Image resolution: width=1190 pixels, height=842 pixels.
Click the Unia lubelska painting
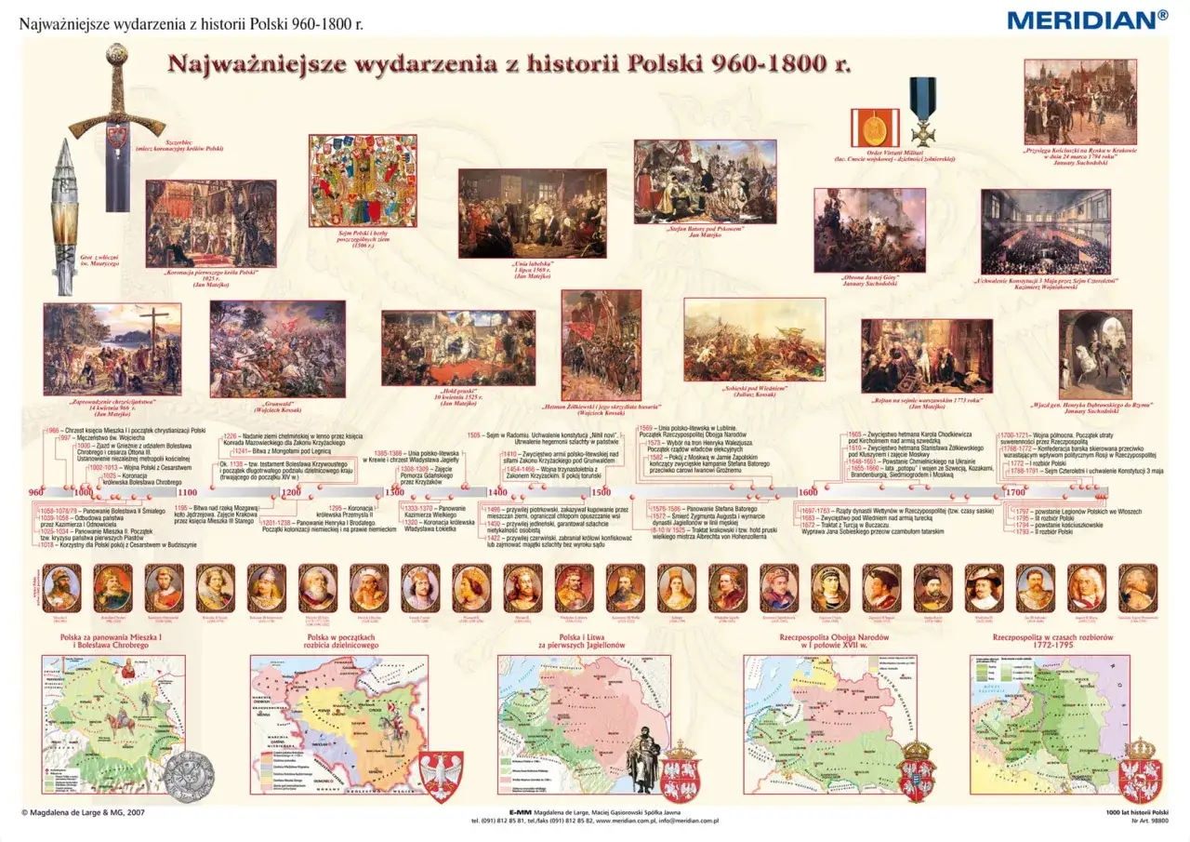(519, 213)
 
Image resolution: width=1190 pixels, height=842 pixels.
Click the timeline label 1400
(497, 492)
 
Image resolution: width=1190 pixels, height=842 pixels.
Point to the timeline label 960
(36, 492)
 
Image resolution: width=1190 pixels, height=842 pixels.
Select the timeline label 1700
(1014, 492)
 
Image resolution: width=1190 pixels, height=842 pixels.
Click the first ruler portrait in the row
(60, 587)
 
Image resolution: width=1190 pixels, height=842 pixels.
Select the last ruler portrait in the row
(1137, 587)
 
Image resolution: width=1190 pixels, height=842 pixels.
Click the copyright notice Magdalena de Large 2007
(83, 812)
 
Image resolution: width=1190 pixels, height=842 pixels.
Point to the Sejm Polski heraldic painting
(363, 180)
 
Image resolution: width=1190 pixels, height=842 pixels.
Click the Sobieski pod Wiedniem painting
(754, 340)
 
